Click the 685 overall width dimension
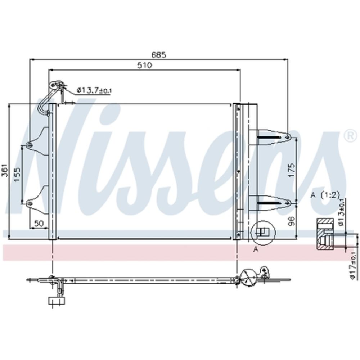[x=158, y=55]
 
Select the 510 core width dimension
[x=144, y=66]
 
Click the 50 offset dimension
[x=39, y=224]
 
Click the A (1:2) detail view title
[x=325, y=195]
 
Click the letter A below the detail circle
[x=256, y=249]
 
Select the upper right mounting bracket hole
[x=287, y=136]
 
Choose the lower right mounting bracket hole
[x=287, y=203]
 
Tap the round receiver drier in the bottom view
[x=248, y=277]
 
